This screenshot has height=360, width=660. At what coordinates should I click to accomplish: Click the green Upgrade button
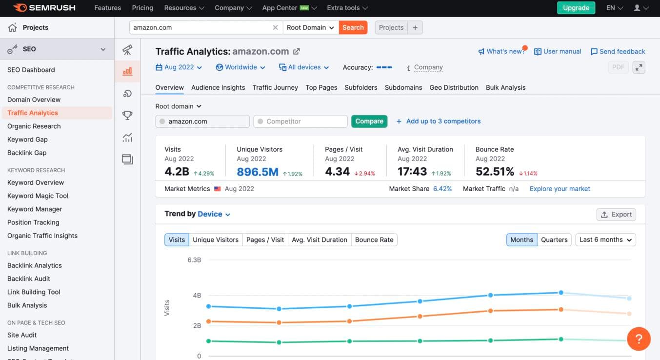576,8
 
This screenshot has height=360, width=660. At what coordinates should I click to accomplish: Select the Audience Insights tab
218,87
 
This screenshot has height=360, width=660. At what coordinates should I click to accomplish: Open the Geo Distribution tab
454,87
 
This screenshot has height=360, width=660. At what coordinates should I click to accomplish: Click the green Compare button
369,121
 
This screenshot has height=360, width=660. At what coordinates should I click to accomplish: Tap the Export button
616,214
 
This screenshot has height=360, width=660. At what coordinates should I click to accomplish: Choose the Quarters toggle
554,240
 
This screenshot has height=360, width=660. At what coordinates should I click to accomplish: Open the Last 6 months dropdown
605,240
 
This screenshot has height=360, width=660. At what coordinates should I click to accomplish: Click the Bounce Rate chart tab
374,240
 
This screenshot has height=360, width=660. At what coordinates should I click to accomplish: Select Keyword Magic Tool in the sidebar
38,196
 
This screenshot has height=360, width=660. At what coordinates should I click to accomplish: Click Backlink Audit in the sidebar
29,279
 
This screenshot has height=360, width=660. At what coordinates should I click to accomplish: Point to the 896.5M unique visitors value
258,172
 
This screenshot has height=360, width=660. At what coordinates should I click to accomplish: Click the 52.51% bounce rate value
495,172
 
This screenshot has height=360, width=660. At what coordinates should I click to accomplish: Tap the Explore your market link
560,189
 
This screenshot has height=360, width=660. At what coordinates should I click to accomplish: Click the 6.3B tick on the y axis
194,260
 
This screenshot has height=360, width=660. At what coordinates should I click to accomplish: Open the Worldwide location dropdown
240,67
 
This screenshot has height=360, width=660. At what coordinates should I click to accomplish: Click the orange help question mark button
639,338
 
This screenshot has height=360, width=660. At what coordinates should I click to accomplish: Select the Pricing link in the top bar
142,8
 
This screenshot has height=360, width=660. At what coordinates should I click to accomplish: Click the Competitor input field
300,121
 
